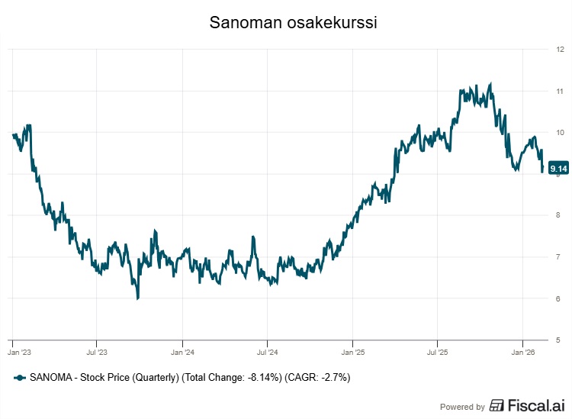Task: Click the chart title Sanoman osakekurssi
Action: (x=293, y=24)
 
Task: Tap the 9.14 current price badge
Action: (x=558, y=169)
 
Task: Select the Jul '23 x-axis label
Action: (x=97, y=353)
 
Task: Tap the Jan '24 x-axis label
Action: (x=182, y=353)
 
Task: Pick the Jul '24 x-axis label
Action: (x=267, y=353)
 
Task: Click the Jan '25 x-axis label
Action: (x=352, y=353)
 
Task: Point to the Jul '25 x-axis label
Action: (x=437, y=353)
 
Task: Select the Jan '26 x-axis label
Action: (x=522, y=353)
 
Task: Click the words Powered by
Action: (x=462, y=407)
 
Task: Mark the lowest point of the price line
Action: (x=137, y=298)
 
